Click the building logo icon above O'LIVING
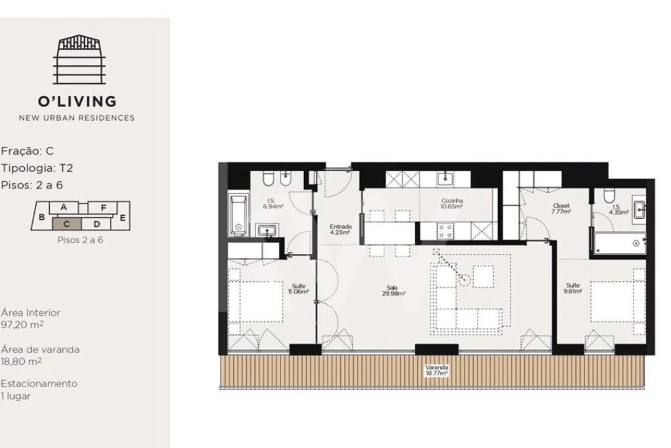78,60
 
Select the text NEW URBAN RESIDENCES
76,118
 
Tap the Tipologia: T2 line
37,168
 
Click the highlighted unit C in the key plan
67,223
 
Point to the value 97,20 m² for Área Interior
22,325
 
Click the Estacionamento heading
39,384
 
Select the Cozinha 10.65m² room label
452,203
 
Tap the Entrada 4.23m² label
340,229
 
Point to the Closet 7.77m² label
560,208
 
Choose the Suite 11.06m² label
298,288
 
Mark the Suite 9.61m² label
573,288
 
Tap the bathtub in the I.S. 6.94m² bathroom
238,215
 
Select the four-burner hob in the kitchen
445,231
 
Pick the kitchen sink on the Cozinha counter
445,179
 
